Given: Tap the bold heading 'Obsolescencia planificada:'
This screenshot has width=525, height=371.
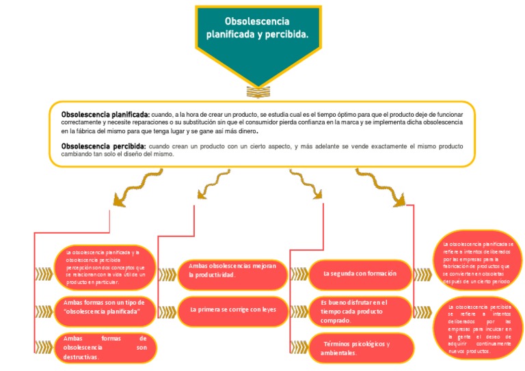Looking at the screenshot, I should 105,113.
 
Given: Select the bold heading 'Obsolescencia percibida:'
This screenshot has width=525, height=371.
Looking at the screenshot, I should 103,146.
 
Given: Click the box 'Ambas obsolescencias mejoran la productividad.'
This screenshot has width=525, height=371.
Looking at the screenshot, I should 232,270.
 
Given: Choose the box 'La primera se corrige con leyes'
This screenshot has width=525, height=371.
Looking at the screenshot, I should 232,310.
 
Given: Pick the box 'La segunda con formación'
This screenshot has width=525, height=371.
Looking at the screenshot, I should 360,273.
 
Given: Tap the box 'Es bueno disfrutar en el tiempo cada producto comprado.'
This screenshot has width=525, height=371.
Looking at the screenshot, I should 361,311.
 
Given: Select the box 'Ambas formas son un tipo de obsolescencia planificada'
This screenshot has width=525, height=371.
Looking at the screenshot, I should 105,307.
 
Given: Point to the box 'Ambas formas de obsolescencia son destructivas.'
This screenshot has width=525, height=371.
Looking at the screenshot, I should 105,347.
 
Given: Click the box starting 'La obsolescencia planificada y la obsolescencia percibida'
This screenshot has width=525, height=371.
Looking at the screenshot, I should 105,266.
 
